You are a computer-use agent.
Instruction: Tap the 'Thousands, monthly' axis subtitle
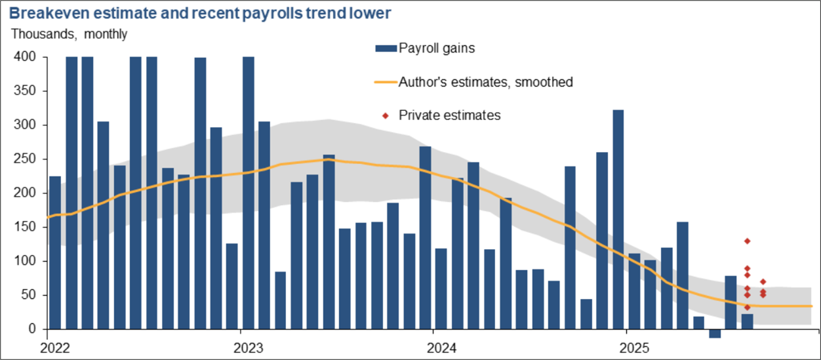click(x=68, y=34)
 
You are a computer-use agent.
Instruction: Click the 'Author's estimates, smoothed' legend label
click(x=486, y=82)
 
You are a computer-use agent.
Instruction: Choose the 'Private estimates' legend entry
click(x=450, y=115)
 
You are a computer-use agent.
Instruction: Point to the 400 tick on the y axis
click(x=26, y=58)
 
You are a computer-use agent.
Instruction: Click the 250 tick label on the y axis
click(x=26, y=159)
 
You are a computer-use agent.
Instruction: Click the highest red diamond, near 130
click(x=747, y=241)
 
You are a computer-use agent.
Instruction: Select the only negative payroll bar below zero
click(x=715, y=334)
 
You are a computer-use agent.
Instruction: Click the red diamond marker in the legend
click(x=386, y=115)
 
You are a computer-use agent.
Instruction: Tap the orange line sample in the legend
click(x=386, y=82)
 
